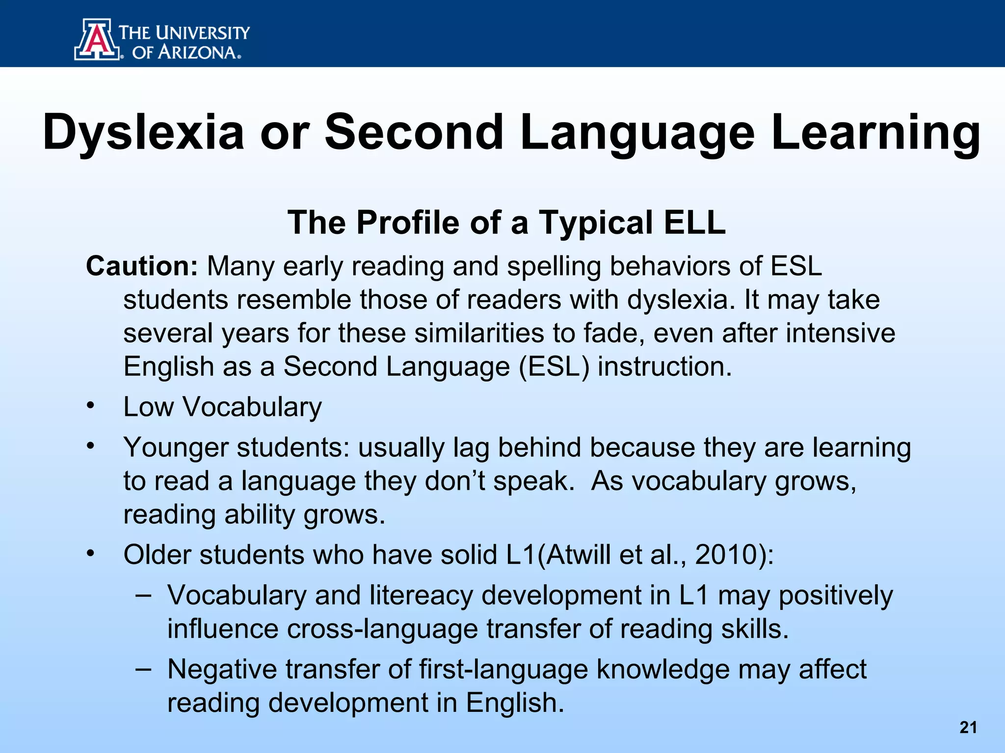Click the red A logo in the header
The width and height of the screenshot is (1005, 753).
tap(97, 39)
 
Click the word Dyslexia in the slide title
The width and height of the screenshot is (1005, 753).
tap(143, 132)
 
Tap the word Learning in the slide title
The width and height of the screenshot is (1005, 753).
tap(875, 132)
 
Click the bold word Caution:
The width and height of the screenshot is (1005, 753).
tap(142, 267)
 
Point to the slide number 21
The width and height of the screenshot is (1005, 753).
tap(968, 727)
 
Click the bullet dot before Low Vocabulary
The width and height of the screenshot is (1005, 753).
tap(90, 406)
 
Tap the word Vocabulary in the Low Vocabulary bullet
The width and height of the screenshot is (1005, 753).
tap(252, 407)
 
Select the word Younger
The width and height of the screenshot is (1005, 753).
tap(176, 448)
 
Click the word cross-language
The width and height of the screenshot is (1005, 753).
tap(382, 629)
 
